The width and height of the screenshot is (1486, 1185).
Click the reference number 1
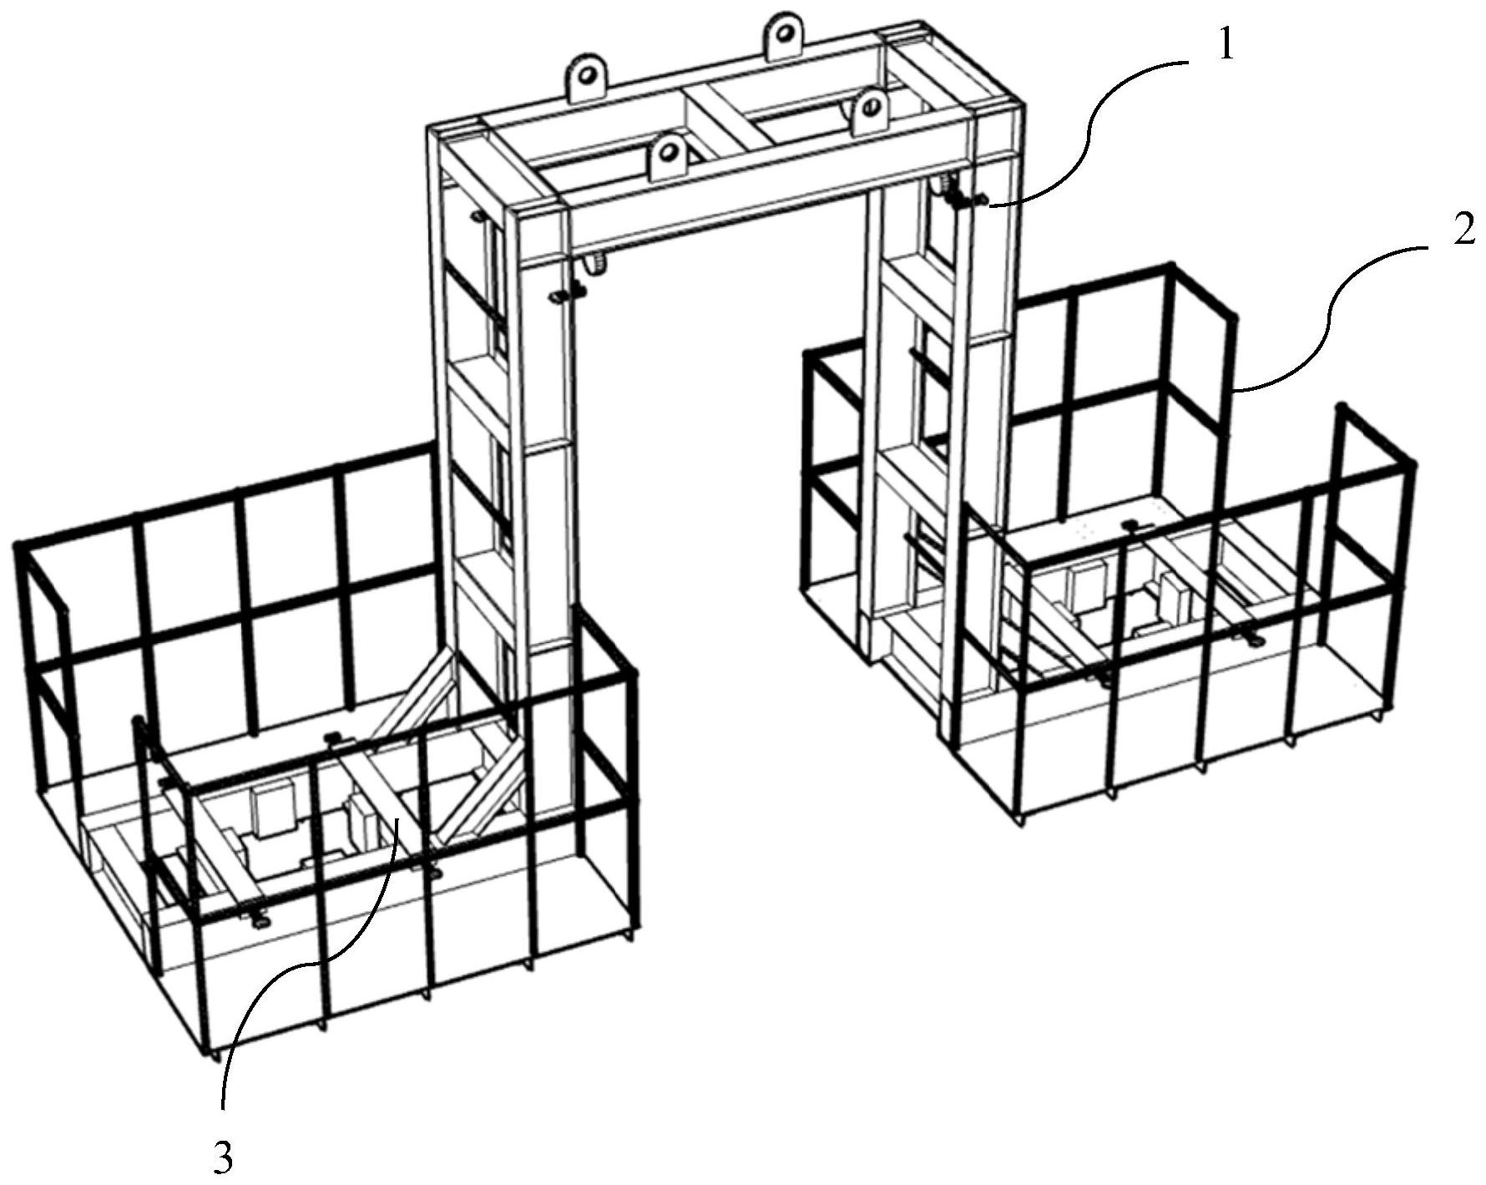coord(1225,46)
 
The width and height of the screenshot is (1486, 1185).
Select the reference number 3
coord(222,1157)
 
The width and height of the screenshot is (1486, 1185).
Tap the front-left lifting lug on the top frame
coord(668,155)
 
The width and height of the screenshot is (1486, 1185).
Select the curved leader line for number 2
coord(1327,317)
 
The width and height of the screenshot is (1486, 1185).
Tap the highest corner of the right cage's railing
coord(1171,267)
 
